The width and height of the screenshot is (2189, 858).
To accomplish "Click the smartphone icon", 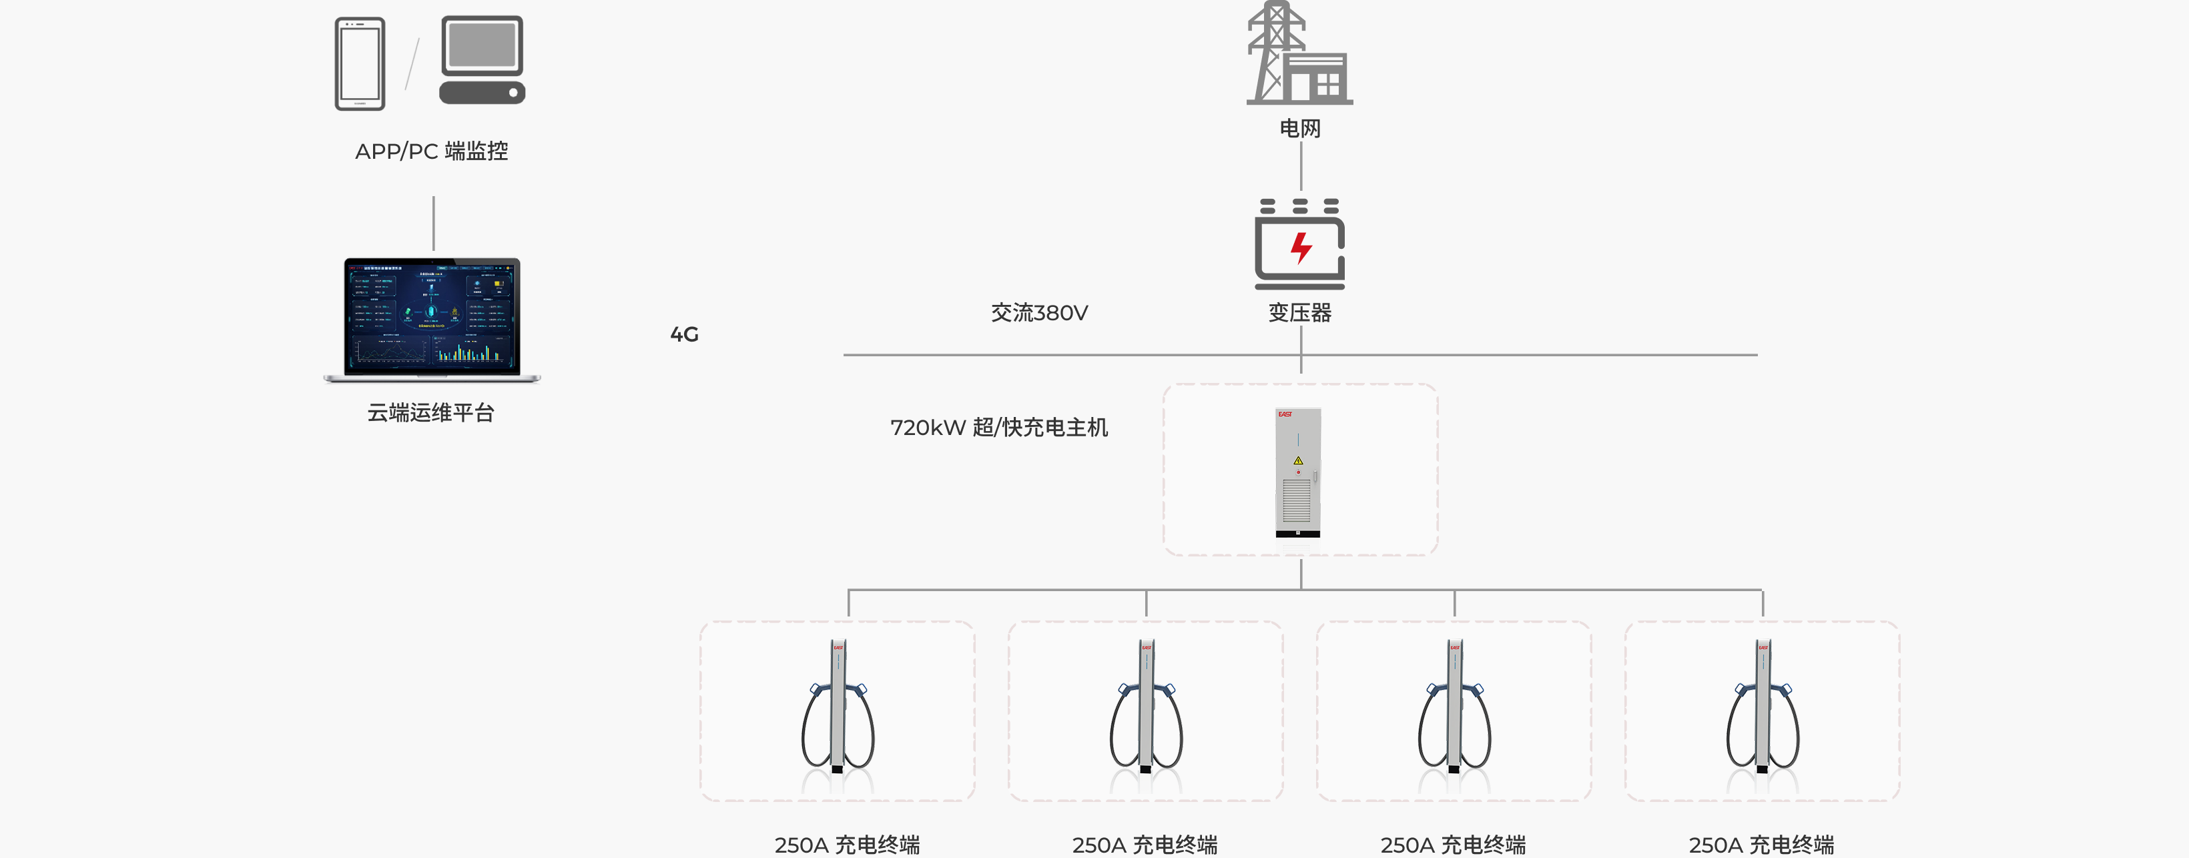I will point(360,63).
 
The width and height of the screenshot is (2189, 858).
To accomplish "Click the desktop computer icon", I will point(482,59).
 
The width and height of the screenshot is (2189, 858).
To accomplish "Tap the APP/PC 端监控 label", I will point(431,151).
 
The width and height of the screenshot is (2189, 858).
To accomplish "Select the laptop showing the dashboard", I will point(432,320).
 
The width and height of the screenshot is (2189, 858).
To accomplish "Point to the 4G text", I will point(684,335).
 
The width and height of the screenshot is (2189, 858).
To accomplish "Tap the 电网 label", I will point(1299,128).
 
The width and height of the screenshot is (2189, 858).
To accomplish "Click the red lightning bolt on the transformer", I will point(1300,248).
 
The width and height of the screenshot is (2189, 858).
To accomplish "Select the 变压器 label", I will point(1299,313).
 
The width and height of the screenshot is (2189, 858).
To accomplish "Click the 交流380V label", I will point(1038,313).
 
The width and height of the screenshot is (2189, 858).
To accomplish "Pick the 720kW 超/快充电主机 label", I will point(998,427).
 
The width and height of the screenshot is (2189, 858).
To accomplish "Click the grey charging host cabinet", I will point(1297,472).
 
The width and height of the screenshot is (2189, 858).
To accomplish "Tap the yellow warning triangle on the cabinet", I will point(1297,460).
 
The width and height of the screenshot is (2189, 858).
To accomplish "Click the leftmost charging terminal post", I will point(838,706).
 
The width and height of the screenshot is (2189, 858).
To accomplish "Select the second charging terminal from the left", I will point(1145,706).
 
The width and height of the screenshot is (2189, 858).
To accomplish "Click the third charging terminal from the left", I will point(1454,706).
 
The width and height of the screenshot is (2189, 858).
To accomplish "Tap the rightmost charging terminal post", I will point(1763,706).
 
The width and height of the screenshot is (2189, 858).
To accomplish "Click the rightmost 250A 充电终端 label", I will point(1761,845).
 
